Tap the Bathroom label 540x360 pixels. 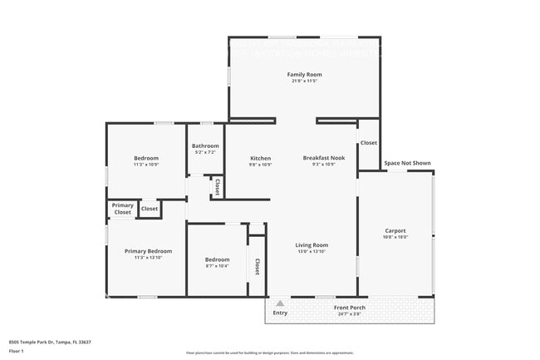point(205,145)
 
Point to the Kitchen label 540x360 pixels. point(261,158)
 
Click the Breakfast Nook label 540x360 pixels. point(323,158)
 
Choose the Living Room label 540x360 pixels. point(312,244)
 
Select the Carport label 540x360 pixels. point(395,230)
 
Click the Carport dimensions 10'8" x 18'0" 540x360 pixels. point(395,237)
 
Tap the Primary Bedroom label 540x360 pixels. point(148,251)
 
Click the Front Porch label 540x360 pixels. point(350,308)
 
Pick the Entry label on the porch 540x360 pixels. point(280,313)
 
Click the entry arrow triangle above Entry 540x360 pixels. point(280,303)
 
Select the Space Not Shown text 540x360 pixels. point(407,163)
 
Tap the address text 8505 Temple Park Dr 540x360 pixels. point(50,342)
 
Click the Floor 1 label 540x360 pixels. point(17,351)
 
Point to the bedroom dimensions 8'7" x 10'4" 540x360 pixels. point(218,266)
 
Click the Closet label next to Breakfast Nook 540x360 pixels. point(369,143)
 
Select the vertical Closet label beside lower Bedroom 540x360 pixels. point(258,266)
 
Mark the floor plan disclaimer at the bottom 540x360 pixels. point(269,353)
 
